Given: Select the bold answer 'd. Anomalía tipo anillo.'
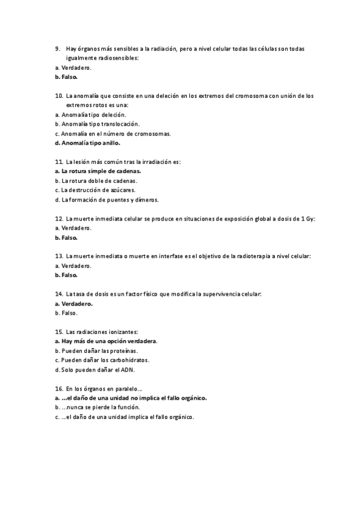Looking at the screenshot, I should [87, 143].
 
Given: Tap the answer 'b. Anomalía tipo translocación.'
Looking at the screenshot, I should [92, 124].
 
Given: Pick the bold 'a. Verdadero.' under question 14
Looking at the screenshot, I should [73, 304].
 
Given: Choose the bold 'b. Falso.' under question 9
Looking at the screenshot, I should [66, 77].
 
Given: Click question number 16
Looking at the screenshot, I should [59, 389].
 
